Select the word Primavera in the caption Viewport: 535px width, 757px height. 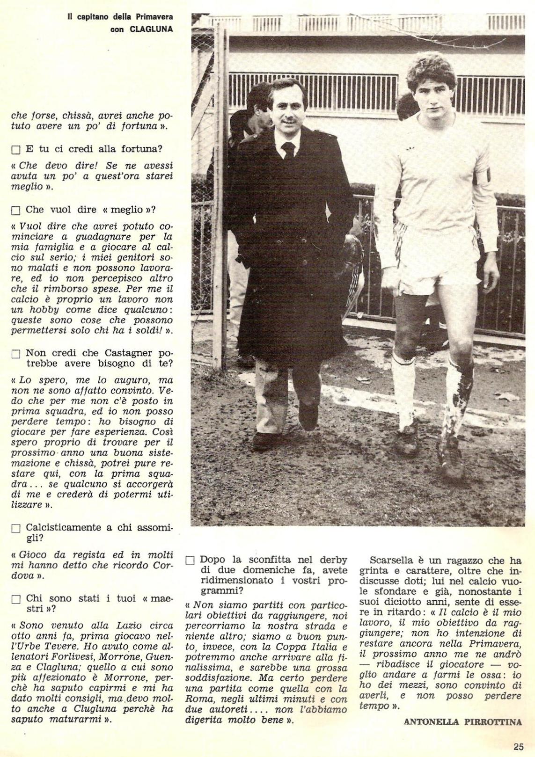[154, 17]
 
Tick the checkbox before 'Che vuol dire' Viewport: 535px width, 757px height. [16, 210]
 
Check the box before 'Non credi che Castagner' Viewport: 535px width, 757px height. [16, 354]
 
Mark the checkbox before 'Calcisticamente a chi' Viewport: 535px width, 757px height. [16, 528]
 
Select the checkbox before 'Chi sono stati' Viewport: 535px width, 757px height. [16, 599]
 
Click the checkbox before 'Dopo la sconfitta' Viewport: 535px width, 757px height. [190, 561]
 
